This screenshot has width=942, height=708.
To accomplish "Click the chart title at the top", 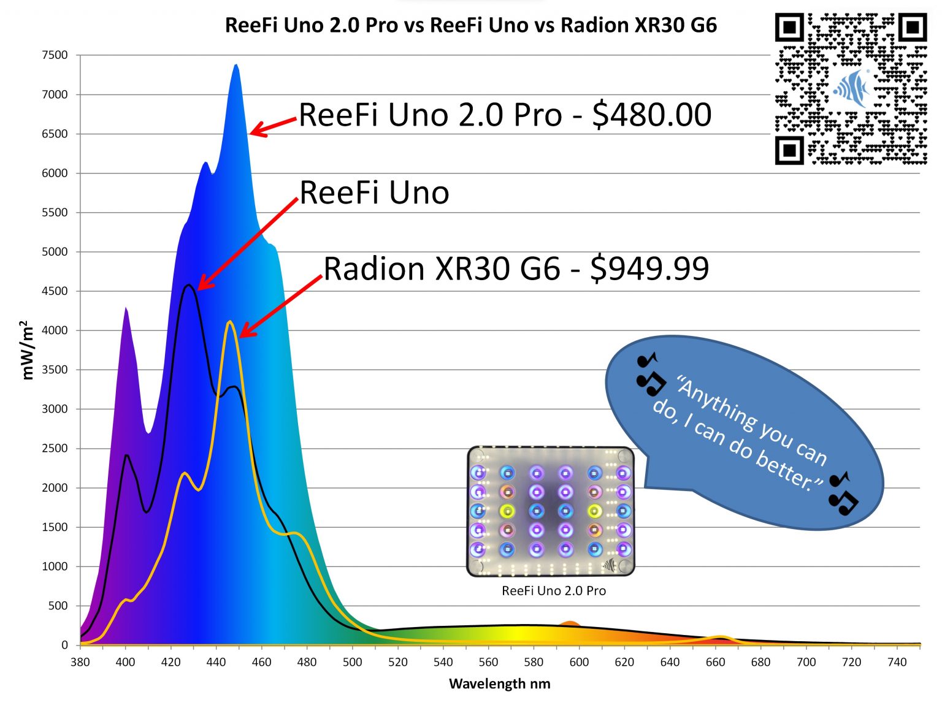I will click(x=470, y=25).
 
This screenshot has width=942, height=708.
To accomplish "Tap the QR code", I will click(x=851, y=89).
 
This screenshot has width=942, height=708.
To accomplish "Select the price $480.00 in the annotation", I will click(x=651, y=115).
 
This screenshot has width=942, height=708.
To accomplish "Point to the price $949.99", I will click(x=649, y=268).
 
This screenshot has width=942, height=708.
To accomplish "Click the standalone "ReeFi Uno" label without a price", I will click(x=374, y=192).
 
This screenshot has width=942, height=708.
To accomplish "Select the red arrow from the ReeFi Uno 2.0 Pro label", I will click(x=274, y=126).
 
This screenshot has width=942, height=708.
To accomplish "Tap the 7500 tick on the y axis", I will click(x=55, y=55).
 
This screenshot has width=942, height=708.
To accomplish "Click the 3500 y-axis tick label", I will click(x=55, y=370).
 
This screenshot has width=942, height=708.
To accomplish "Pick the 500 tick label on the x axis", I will click(x=352, y=662).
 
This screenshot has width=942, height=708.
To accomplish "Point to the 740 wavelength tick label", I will click(x=897, y=662).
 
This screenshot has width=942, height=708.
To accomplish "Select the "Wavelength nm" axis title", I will click(x=499, y=683).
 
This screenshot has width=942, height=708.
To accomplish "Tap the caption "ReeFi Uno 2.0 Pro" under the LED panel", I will click(x=553, y=591).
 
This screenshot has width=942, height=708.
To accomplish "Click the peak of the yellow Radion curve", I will click(x=229, y=322).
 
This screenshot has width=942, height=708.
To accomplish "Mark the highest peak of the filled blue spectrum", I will click(x=236, y=65).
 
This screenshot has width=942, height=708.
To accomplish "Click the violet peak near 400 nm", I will click(x=126, y=308).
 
